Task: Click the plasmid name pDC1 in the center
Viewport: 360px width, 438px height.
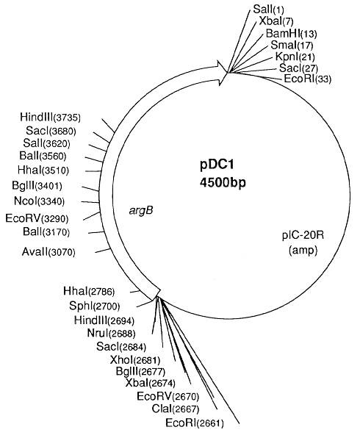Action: click(x=217, y=165)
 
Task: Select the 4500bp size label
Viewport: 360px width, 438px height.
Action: click(x=223, y=183)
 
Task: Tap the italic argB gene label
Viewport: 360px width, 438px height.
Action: click(x=141, y=211)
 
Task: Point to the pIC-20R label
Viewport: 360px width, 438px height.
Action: click(x=303, y=235)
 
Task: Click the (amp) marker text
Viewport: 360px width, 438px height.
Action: click(x=303, y=251)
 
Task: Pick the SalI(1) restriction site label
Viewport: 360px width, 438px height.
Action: click(x=268, y=10)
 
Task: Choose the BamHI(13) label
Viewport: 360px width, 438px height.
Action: click(x=291, y=33)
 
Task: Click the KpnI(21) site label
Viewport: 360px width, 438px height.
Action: click(x=295, y=57)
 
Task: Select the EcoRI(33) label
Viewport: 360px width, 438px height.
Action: click(x=308, y=79)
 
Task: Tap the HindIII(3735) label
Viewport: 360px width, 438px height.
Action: click(x=50, y=117)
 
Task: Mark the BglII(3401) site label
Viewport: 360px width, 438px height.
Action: click(x=37, y=185)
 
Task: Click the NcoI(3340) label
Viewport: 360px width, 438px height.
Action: click(x=39, y=201)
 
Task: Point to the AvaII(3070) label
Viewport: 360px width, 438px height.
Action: click(x=48, y=252)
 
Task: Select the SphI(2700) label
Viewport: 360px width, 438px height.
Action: click(x=94, y=306)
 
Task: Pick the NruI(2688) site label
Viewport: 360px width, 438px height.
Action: click(x=111, y=333)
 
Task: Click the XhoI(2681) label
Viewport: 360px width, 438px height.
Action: click(x=135, y=360)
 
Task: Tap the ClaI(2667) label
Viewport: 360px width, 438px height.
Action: click(x=176, y=409)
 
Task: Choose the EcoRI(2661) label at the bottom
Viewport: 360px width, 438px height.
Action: click(x=195, y=423)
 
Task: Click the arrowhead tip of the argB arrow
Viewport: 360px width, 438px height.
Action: click(x=228, y=73)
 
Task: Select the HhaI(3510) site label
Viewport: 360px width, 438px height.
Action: click(x=43, y=170)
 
